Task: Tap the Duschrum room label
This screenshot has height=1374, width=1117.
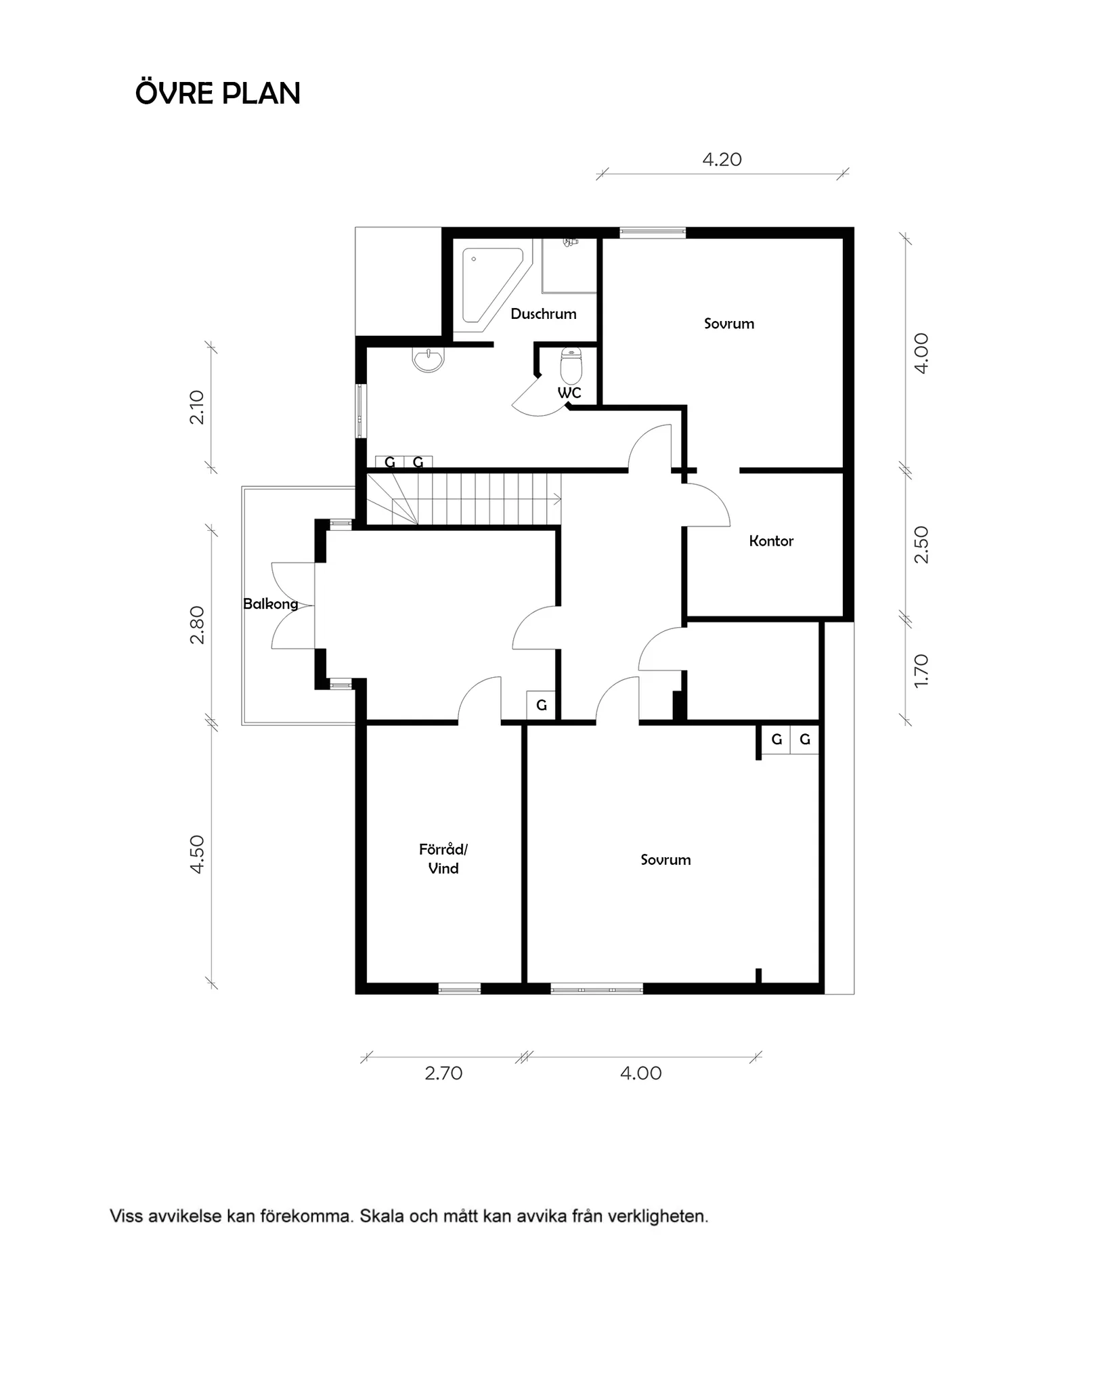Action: pyautogui.click(x=544, y=314)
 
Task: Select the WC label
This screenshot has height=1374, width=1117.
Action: pyautogui.click(x=569, y=393)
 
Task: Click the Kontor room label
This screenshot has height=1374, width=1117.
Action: pyautogui.click(x=771, y=540)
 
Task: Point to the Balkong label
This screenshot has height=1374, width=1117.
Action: pyautogui.click(x=271, y=603)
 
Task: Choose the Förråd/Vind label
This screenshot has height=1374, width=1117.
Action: pyautogui.click(x=443, y=859)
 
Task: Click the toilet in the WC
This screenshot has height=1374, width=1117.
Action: pyautogui.click(x=572, y=366)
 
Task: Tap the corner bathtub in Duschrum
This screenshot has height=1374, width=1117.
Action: pyautogui.click(x=492, y=284)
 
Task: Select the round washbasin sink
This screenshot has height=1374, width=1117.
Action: pyautogui.click(x=429, y=360)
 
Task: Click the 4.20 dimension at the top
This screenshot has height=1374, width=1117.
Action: pyautogui.click(x=722, y=159)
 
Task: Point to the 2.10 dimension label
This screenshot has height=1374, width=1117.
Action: pyautogui.click(x=197, y=407)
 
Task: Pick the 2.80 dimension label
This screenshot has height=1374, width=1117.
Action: pyautogui.click(x=197, y=624)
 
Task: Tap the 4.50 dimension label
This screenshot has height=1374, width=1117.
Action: pyautogui.click(x=197, y=854)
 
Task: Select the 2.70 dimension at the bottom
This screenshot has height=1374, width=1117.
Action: pyautogui.click(x=443, y=1073)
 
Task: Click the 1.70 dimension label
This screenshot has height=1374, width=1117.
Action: pyautogui.click(x=921, y=670)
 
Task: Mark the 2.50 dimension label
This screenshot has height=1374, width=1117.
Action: pyautogui.click(x=921, y=544)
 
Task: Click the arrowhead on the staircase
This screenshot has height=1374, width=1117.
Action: pyautogui.click(x=557, y=500)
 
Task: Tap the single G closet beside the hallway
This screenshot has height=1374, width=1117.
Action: pyautogui.click(x=542, y=705)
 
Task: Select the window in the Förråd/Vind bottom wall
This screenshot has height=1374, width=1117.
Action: pyautogui.click(x=460, y=989)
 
